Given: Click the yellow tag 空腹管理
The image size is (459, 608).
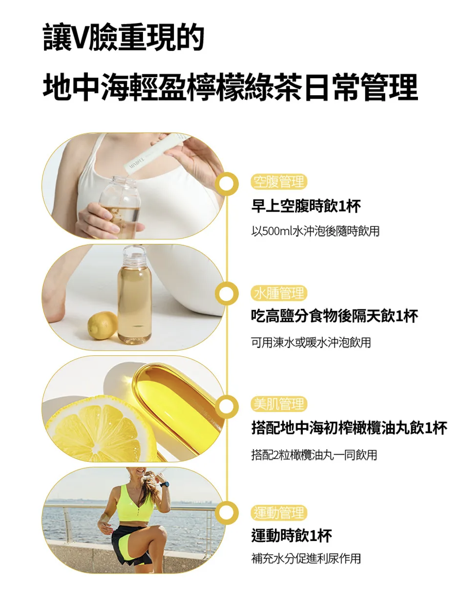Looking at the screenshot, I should [x=278, y=182].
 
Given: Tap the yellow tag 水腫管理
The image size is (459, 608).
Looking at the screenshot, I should [x=278, y=293].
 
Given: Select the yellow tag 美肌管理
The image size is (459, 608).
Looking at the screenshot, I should [x=278, y=404].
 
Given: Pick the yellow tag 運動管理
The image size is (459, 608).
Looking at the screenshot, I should [x=278, y=513].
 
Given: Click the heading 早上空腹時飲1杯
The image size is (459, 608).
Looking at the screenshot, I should [x=306, y=206].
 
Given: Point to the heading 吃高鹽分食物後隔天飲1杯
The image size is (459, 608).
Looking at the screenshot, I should [x=334, y=317].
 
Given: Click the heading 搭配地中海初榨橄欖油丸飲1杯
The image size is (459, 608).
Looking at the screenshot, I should [x=349, y=429].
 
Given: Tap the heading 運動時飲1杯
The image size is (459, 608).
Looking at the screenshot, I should [x=292, y=536].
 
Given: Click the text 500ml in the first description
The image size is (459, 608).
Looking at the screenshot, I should [x=276, y=231].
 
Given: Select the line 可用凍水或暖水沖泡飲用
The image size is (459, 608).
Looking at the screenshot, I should [x=311, y=343].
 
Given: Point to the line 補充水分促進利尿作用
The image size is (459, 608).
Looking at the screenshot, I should [x=306, y=558].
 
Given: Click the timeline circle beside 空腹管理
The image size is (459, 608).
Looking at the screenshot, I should [x=226, y=184].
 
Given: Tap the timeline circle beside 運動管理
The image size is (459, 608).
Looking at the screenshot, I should [x=226, y=513].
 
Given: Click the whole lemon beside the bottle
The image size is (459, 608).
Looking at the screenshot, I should [x=102, y=325].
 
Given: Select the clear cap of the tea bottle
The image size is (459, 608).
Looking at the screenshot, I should [x=133, y=256].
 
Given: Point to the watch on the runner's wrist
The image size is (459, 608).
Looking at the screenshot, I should [x=165, y=484].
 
